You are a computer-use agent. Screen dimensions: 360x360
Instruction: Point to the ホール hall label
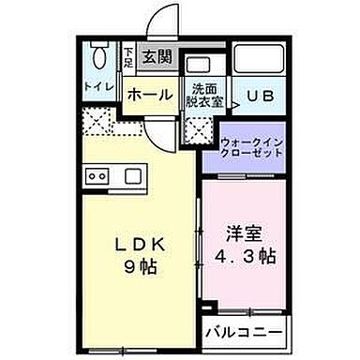pyautogui.click(x=149, y=95)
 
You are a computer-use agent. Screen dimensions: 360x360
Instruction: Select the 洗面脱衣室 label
pyautogui.click(x=203, y=96)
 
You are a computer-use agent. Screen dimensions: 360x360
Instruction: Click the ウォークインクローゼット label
pyautogui.click(x=251, y=148)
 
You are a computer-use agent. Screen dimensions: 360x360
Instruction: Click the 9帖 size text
pyautogui.click(x=143, y=265)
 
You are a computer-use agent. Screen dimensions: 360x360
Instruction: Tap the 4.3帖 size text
pyautogui.click(x=245, y=256)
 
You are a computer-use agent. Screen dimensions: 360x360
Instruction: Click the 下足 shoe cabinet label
pyautogui.click(x=128, y=59)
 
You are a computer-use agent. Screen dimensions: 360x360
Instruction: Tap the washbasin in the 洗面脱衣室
pyautogui.click(x=199, y=67)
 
